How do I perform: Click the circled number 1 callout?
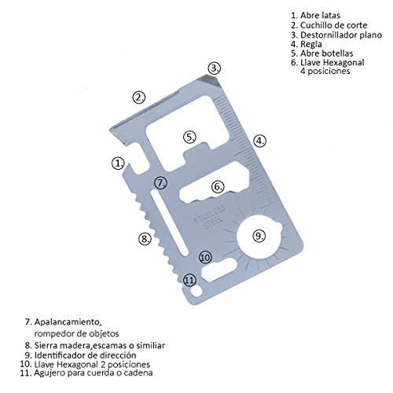pyautogui.click(x=118, y=163)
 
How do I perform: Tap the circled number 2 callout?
pyautogui.click(x=139, y=97)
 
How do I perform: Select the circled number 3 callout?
pyautogui.click(x=215, y=68)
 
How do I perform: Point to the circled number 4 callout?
pyautogui.click(x=259, y=141)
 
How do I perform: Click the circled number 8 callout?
pyautogui.click(x=145, y=238)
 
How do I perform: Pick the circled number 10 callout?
pyautogui.click(x=206, y=257)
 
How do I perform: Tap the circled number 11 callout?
pyautogui.click(x=189, y=280)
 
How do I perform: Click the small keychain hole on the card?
pyautogui.click(x=196, y=291)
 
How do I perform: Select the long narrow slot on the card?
pyautogui.click(x=169, y=223)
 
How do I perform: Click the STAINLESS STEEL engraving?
pyautogui.click(x=210, y=217)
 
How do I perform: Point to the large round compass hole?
pyautogui.click(x=259, y=237)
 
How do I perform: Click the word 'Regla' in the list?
pyautogui.click(x=311, y=44)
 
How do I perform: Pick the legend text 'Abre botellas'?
pyautogui.click(x=326, y=53)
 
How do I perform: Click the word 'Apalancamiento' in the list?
pyautogui.click(x=68, y=321)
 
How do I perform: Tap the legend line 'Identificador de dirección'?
pyautogui.click(x=85, y=355)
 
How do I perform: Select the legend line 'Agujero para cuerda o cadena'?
pyautogui.click(x=94, y=373)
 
